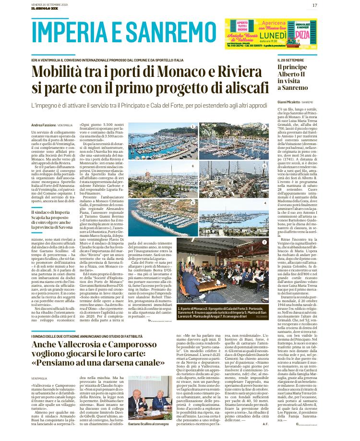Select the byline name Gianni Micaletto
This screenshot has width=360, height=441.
coord(289,102)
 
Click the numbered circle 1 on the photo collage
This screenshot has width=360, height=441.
coord(192,127)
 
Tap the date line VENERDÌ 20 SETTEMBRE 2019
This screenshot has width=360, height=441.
coord(50,3)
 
